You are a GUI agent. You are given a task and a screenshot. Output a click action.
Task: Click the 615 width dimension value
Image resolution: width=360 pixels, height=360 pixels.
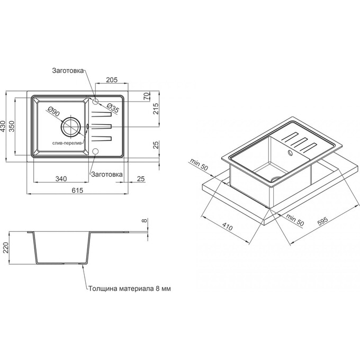click(77, 191)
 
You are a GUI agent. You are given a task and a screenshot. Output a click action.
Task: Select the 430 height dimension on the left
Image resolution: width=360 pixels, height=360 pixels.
click(4, 127)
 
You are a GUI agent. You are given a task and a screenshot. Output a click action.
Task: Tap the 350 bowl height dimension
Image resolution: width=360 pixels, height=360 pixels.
click(12, 127)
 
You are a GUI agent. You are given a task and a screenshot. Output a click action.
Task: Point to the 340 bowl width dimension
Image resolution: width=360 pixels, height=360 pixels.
click(61, 178)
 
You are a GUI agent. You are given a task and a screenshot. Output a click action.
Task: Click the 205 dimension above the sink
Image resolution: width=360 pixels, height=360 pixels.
click(112, 79)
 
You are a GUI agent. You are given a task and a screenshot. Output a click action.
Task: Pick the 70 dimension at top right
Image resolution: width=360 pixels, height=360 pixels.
click(146, 96)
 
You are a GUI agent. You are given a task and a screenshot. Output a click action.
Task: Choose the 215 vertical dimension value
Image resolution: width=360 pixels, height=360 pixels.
click(156, 109)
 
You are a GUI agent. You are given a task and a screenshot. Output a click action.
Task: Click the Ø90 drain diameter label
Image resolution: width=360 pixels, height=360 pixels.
click(53, 111)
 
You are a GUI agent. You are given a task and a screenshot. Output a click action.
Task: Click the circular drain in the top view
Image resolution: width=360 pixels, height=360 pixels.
click(71, 127)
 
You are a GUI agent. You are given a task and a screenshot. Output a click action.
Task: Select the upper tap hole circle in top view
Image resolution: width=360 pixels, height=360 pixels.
click(95, 101)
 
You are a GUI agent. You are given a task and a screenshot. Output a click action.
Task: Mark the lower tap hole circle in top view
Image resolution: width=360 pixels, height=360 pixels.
click(95, 151)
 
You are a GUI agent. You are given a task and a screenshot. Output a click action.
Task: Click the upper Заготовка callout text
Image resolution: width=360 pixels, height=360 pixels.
click(68, 70)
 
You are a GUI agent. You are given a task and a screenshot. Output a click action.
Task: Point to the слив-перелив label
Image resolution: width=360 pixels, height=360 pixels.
click(67, 143)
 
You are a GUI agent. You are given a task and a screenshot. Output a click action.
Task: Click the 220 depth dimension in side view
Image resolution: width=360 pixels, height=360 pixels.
click(5, 248)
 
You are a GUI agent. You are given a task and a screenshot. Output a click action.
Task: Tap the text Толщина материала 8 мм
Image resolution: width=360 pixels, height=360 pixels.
click(130, 289)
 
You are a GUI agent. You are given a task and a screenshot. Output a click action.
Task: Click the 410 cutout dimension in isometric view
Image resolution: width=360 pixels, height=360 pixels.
click(227, 227)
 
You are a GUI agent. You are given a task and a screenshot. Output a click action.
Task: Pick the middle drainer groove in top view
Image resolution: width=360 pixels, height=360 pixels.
click(102, 127)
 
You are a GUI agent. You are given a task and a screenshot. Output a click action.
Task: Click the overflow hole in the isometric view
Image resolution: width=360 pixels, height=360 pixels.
click(290, 152)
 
